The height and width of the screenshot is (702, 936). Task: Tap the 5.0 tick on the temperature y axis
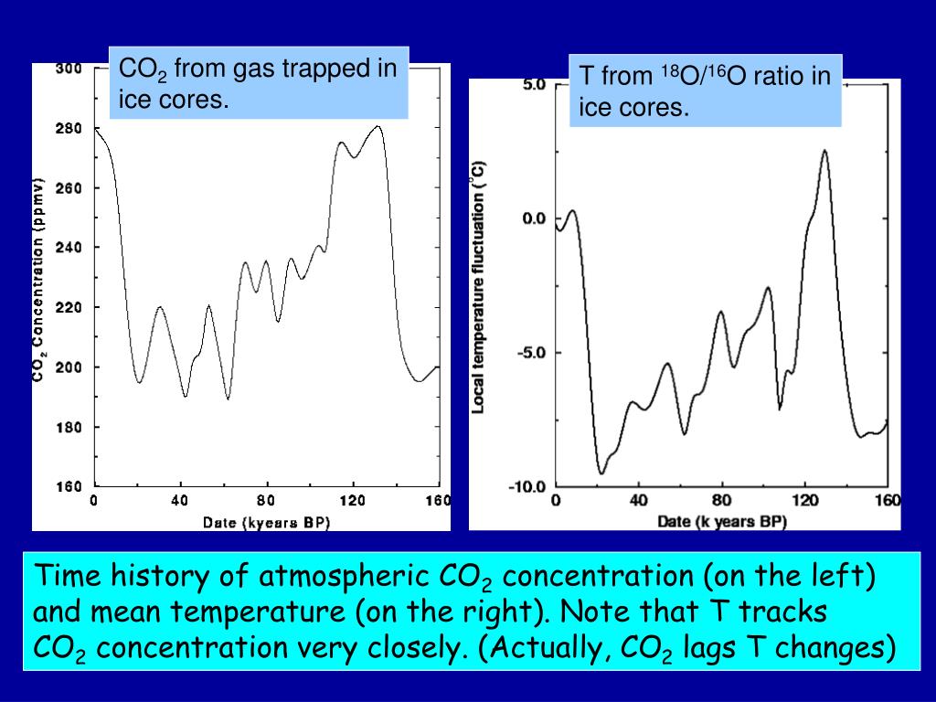[x=533, y=84]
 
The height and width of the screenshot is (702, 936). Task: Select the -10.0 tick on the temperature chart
[x=527, y=486]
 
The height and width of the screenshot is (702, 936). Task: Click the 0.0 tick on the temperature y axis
[x=533, y=218]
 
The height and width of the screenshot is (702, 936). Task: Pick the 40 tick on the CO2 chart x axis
[x=179, y=501]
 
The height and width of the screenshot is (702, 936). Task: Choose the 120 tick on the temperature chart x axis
[x=804, y=501]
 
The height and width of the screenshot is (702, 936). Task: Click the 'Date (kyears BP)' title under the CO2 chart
[x=266, y=522]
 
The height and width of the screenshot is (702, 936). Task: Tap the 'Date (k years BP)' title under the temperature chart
[x=721, y=521]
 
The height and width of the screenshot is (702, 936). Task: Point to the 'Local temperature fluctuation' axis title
[x=477, y=288]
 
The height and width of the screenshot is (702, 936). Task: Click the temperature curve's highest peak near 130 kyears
[x=824, y=151]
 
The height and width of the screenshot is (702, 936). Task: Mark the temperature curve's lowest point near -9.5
[x=601, y=473]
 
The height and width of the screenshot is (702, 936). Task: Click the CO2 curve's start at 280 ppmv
[x=95, y=129]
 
